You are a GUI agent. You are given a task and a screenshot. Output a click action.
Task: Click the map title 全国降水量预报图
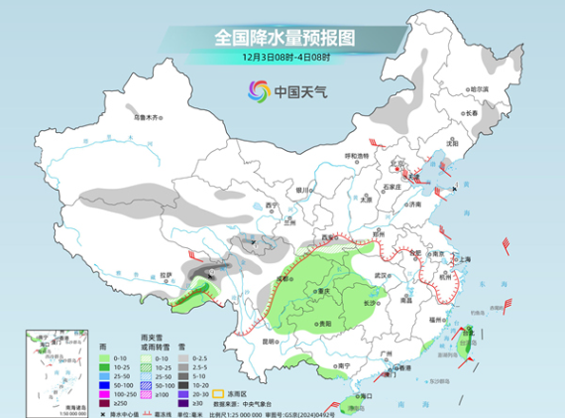coord(286,37)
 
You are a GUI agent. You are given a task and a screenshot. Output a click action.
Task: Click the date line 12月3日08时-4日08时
coord(285,58)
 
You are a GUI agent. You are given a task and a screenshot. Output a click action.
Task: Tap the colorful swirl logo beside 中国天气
coord(259,92)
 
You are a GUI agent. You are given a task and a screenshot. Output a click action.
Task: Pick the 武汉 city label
coord(379,274)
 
